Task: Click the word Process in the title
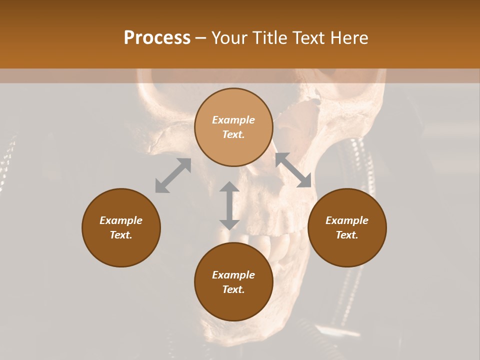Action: tap(157, 38)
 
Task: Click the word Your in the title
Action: tap(227, 38)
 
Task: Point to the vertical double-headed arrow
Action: tap(229, 205)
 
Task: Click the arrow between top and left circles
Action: tap(173, 175)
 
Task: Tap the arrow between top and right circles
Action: tap(293, 170)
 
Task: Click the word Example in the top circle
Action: tap(233, 120)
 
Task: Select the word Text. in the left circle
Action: tap(121, 235)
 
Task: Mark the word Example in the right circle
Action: tap(347, 220)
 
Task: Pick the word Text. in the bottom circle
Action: tap(233, 289)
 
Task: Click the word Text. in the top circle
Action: tap(233, 134)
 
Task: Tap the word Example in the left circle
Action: tap(121, 220)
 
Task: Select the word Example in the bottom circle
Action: tap(233, 275)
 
